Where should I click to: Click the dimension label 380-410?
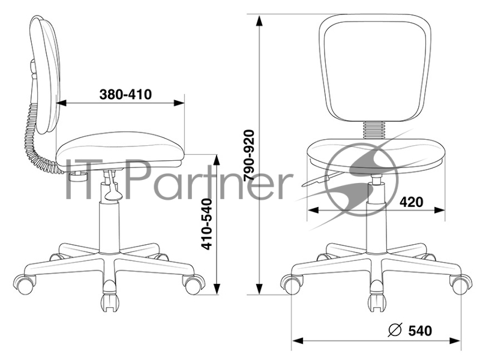tap(125, 94)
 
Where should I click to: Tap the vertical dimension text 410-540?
tap(208, 224)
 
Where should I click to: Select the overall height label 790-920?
tap(249, 155)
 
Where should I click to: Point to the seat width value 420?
tap(412, 202)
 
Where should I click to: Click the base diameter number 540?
tap(420, 331)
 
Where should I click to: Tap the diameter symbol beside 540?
tap(395, 330)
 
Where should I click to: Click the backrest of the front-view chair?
tap(374, 68)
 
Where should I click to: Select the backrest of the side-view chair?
tap(45, 75)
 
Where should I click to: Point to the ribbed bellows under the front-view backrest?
tap(373, 130)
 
